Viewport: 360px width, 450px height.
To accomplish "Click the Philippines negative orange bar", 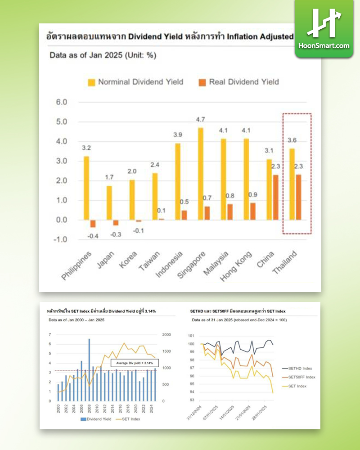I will point(93,224).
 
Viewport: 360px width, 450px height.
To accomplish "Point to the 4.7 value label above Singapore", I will point(201,120).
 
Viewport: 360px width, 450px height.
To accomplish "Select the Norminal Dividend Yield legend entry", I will point(135,82).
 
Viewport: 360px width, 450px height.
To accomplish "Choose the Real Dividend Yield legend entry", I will point(238,82).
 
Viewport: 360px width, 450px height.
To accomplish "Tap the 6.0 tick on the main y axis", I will point(61,103).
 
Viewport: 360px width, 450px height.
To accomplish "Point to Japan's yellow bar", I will point(109,202).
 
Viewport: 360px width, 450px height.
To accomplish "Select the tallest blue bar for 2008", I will point(89,369).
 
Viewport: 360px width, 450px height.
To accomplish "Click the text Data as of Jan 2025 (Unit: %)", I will point(103,56).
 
